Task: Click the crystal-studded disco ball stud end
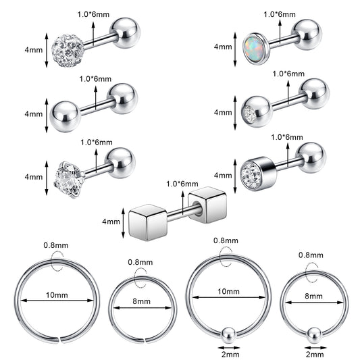click(x=68, y=51)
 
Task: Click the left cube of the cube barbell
click(x=148, y=222)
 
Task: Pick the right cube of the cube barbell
click(x=207, y=205)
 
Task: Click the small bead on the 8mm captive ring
click(x=314, y=336)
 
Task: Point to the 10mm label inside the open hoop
click(x=57, y=294)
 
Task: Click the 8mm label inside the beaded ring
click(x=313, y=296)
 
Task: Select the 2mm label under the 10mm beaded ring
click(x=230, y=355)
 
